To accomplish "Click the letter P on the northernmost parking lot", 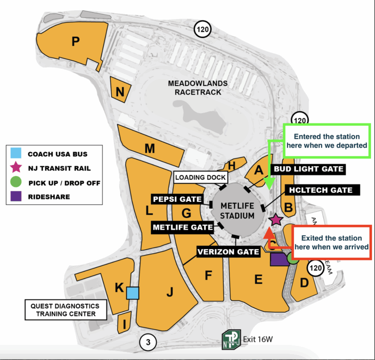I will point(75,41).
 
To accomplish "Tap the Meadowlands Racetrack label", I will point(194,87).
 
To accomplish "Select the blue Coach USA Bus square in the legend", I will point(16,154).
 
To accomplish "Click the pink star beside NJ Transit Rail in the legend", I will point(16,168).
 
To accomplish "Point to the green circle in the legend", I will point(16,182).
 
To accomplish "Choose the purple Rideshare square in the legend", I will point(16,197).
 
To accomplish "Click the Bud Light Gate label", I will point(309,169).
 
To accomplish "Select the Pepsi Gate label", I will point(177,200).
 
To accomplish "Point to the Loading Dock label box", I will point(197,178).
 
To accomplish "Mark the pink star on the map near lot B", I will point(276,220).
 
